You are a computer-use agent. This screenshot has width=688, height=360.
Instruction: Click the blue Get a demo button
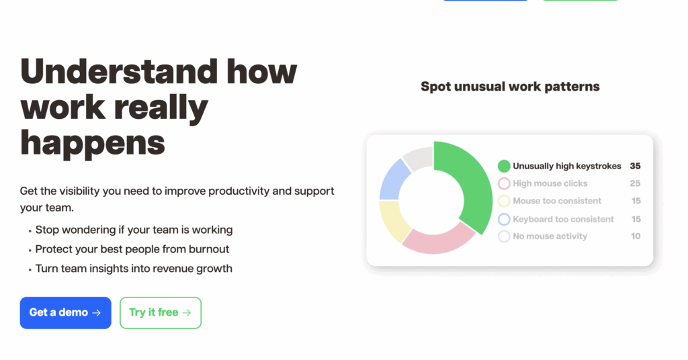(65, 312)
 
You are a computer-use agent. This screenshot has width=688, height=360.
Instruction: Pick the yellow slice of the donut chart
(392, 219)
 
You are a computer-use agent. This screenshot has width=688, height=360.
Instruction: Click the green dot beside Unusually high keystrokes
(504, 166)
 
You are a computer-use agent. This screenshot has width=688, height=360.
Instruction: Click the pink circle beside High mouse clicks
(504, 183)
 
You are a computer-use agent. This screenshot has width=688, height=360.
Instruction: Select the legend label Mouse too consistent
(557, 201)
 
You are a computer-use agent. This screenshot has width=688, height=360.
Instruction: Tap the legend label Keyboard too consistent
(563, 219)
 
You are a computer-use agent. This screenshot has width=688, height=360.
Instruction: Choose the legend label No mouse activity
(550, 236)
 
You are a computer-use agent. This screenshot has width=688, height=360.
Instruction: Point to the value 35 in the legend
(635, 166)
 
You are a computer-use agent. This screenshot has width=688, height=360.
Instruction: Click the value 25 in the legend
(635, 183)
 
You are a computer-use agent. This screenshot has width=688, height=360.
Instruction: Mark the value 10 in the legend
(636, 236)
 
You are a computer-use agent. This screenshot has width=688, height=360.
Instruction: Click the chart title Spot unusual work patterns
(510, 87)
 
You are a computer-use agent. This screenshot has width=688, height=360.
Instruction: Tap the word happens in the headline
(93, 144)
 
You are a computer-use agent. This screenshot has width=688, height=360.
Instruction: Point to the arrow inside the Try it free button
(187, 312)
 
